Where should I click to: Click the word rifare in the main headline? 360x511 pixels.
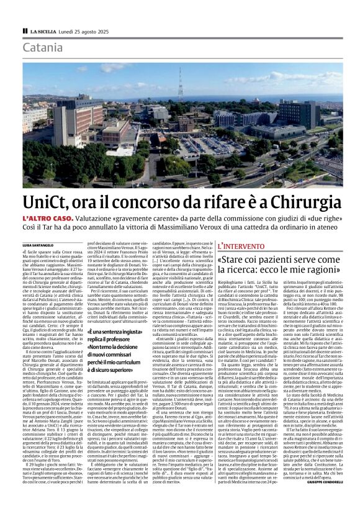(235, 202)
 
